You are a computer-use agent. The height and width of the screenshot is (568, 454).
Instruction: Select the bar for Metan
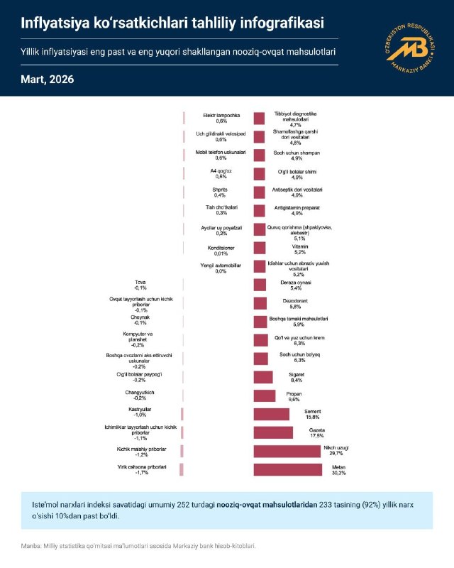(x=289, y=469)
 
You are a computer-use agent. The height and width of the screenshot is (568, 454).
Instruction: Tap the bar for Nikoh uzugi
(x=287, y=451)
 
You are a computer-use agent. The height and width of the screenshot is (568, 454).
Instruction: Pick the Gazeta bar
(x=273, y=432)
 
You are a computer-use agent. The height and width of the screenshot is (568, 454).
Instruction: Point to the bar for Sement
(x=272, y=414)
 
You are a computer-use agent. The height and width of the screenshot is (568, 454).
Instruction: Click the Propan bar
(x=265, y=395)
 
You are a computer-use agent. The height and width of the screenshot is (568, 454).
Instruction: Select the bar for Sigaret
(x=263, y=377)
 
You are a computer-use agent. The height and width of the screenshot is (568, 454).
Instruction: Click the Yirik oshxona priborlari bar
(x=182, y=469)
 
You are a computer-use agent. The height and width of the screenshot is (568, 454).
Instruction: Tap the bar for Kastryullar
(x=182, y=414)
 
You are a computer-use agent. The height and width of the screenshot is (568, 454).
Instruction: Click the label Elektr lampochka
(x=221, y=114)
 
